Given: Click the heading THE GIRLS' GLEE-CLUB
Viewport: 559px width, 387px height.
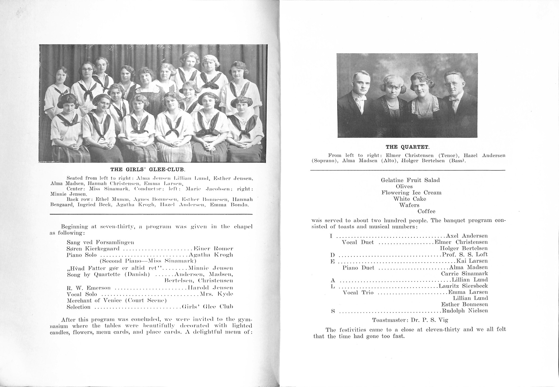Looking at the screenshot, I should (148, 169).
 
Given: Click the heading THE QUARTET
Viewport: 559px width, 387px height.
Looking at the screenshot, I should (408, 147).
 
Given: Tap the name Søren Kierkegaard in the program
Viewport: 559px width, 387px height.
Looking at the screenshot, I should (93, 249).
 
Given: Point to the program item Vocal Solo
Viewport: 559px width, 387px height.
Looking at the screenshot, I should (82, 294).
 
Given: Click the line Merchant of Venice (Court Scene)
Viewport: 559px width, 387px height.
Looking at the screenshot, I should (117, 301).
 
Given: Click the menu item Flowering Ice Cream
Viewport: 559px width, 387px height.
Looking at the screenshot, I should (411, 193).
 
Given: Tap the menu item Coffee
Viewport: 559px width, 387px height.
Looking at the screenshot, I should (426, 211).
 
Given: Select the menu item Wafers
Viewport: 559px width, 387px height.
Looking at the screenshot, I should (409, 205).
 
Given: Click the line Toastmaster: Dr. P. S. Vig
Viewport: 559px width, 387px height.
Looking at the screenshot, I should (412, 320).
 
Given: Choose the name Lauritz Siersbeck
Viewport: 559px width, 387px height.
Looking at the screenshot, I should (463, 286).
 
